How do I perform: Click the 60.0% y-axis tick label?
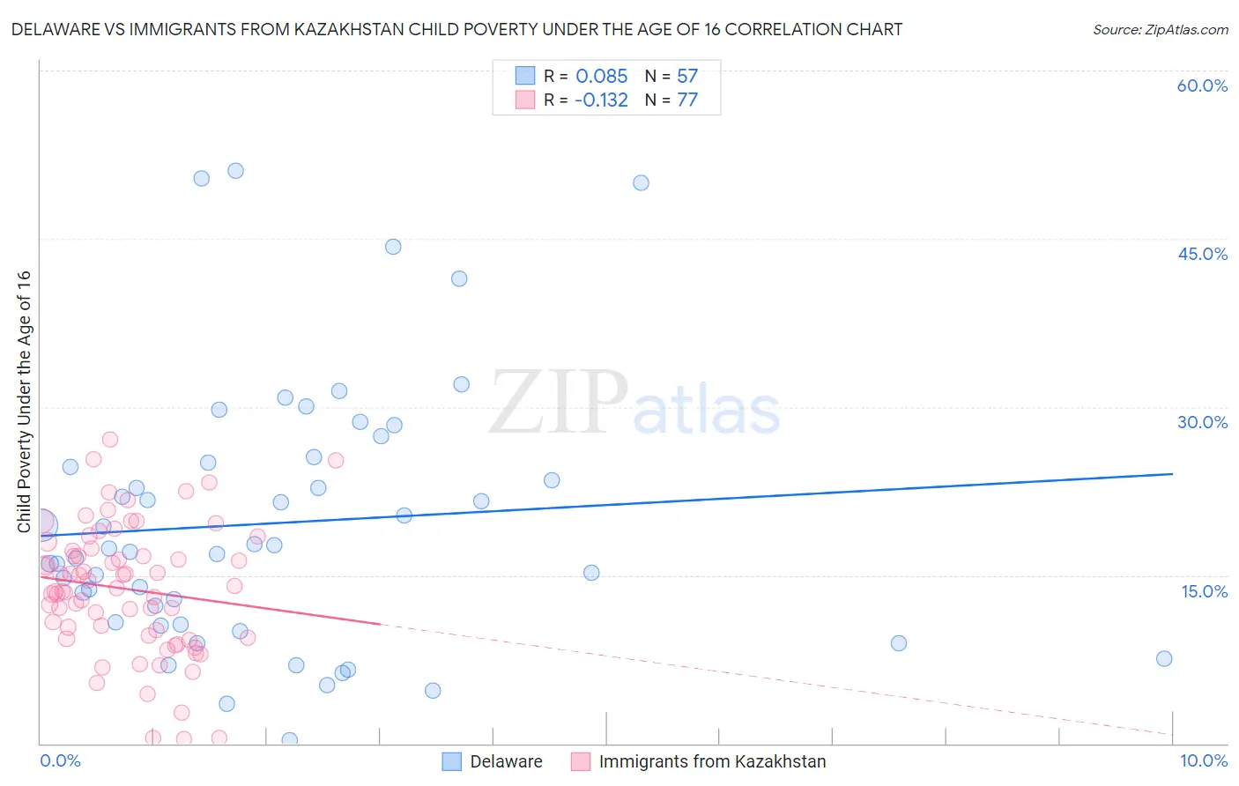[1202, 85]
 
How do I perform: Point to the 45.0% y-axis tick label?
[1202, 254]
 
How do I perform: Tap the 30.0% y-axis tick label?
[1202, 422]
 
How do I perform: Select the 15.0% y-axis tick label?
[1204, 590]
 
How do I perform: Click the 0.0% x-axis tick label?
[60, 760]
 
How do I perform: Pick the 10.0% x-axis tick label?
[1203, 760]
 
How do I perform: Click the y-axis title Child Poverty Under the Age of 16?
[24, 402]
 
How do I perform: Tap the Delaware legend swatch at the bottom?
[452, 761]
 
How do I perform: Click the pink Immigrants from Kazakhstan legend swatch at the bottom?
[580, 761]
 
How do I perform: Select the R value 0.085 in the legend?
[601, 76]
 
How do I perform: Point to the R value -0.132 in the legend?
[601, 100]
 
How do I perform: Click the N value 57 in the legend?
[687, 76]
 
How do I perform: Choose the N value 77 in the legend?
[687, 100]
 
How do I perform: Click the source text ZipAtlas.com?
[1160, 29]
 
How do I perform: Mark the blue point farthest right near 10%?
[1164, 658]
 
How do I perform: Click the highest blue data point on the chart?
[235, 171]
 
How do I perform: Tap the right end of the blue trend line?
[1172, 474]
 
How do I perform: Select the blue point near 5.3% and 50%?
[641, 182]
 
